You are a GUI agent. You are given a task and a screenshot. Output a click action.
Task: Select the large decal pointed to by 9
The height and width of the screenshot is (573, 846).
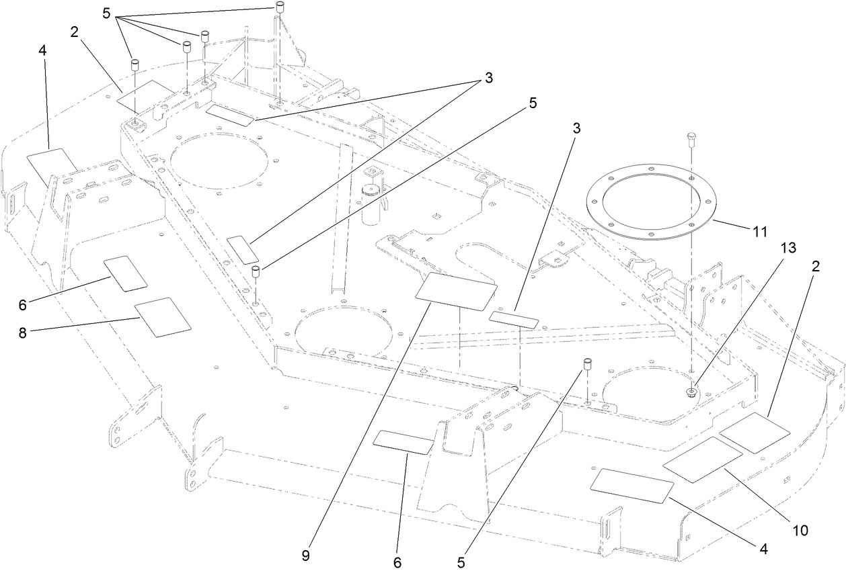[457, 291]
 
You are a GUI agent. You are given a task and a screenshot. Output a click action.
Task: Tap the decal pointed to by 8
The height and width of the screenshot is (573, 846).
[163, 317]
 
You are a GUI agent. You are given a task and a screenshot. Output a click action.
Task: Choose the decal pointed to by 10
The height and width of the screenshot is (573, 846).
[703, 459]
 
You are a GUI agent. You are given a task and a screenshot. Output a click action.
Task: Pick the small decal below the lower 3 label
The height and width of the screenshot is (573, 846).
[514, 318]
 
